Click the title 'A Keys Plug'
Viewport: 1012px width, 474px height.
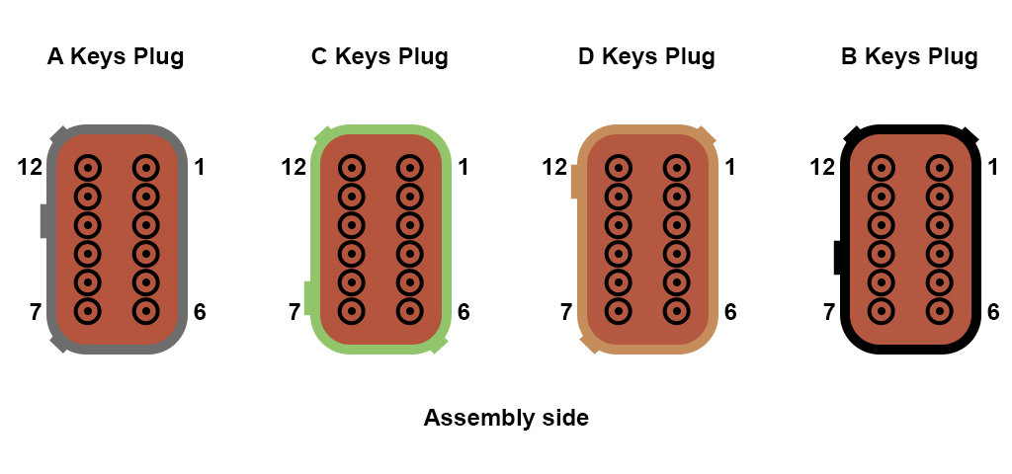(x=116, y=56)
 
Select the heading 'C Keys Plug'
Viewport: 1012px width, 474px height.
(x=379, y=56)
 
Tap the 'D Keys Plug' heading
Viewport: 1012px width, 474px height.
(x=646, y=56)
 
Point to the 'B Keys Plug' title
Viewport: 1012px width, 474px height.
(x=909, y=56)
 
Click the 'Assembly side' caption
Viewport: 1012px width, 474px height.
(x=506, y=418)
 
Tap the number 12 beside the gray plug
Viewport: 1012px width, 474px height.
(x=30, y=168)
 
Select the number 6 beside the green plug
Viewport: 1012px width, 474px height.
(x=464, y=312)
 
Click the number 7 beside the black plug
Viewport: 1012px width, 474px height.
(x=829, y=312)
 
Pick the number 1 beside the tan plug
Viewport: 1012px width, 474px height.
(x=730, y=168)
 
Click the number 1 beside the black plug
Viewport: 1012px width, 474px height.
(x=993, y=168)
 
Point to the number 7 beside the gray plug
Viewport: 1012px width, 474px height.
(x=37, y=312)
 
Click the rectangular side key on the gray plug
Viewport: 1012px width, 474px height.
(x=44, y=220)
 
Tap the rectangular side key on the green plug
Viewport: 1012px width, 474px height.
(x=308, y=298)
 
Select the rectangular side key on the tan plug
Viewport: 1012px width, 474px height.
(x=575, y=182)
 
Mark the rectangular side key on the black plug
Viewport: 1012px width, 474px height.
(x=838, y=258)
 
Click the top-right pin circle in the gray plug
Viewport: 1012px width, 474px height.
(x=146, y=168)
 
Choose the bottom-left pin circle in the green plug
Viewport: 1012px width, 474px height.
(x=352, y=311)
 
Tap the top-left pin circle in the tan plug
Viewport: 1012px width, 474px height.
(x=619, y=168)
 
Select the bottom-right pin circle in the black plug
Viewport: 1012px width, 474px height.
(x=939, y=311)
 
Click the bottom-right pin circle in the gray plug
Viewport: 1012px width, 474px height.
(x=146, y=311)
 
